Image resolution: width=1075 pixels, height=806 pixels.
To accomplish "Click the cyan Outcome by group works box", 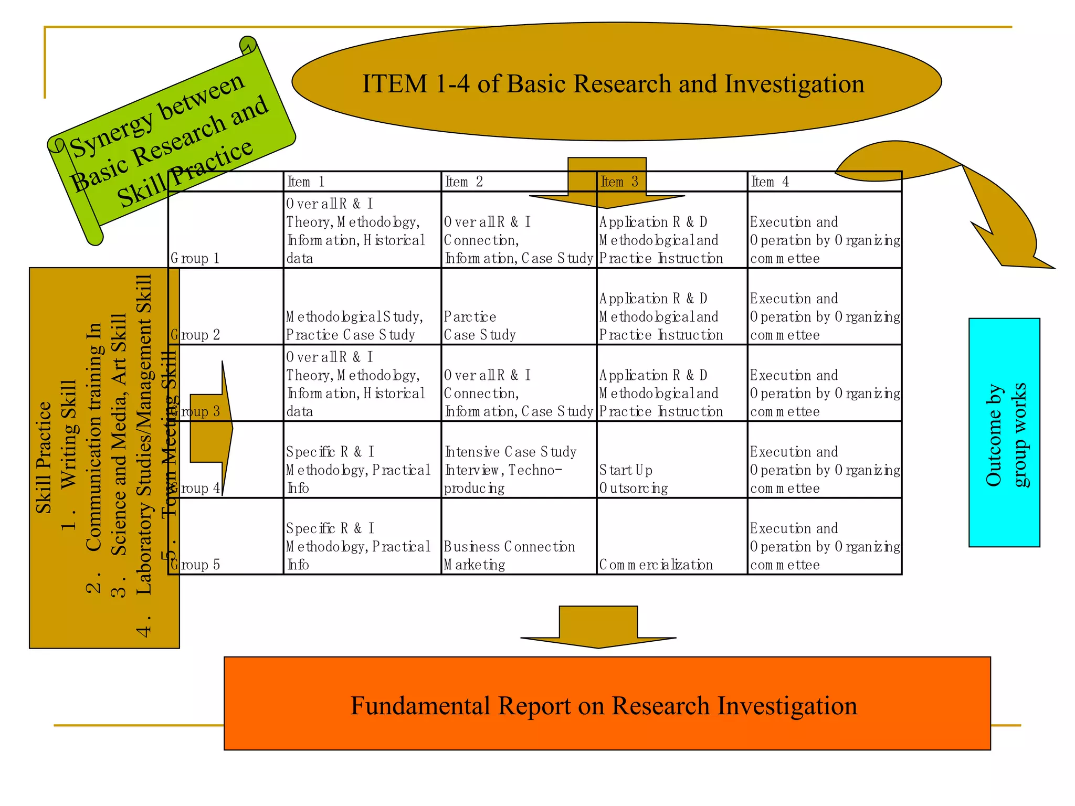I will pyautogui.click(x=1004, y=432).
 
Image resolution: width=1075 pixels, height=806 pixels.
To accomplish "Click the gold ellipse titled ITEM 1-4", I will pyautogui.click(x=616, y=82).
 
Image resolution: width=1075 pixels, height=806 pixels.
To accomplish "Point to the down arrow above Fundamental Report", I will pyautogui.click(x=598, y=628).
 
